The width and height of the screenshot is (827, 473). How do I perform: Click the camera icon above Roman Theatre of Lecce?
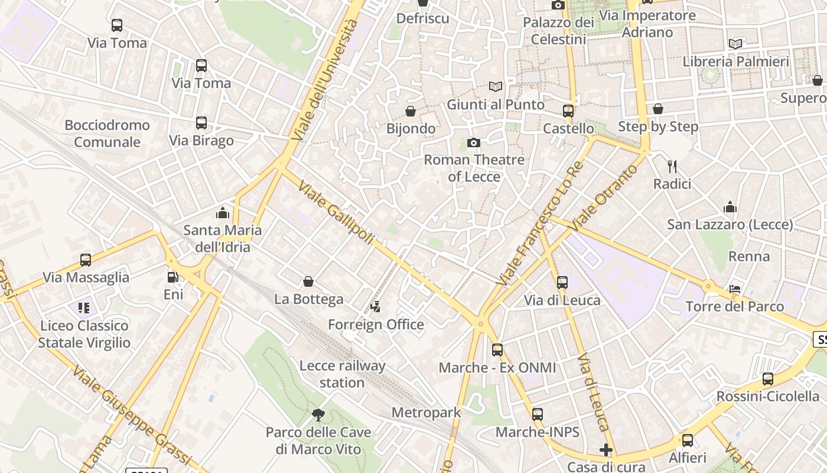[x=473, y=142]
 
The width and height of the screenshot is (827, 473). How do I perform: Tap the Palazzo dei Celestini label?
[x=558, y=31]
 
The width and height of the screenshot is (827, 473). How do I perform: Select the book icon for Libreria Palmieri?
[x=735, y=44]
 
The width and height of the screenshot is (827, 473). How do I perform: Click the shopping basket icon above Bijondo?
[x=410, y=111]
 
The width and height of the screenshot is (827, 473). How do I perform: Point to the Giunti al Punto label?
[x=496, y=105]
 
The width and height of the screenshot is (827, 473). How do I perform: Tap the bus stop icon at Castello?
[x=568, y=111]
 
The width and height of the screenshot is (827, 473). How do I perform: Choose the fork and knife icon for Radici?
[x=672, y=166]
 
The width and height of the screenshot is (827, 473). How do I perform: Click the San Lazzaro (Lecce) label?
[x=730, y=225]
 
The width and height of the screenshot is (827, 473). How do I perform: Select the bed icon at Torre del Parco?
[x=735, y=289]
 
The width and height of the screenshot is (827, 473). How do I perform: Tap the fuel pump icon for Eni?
[x=172, y=277]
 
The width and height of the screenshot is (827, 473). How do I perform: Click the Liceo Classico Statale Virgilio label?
[x=84, y=334]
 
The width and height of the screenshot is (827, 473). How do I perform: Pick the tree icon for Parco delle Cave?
[x=318, y=414]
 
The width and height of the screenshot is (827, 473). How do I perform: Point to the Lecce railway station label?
[x=342, y=374]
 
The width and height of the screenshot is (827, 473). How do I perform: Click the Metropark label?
[x=426, y=412]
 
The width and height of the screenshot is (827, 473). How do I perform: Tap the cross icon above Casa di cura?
[x=605, y=450]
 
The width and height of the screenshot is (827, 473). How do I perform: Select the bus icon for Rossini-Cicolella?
[x=767, y=379]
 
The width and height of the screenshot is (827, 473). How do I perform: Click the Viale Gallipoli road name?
[x=336, y=213]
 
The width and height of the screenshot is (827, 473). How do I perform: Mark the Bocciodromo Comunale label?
[x=107, y=134]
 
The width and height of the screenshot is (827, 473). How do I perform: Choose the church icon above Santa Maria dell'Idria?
[x=223, y=212]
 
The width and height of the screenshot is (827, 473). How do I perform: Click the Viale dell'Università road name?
[x=324, y=80]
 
